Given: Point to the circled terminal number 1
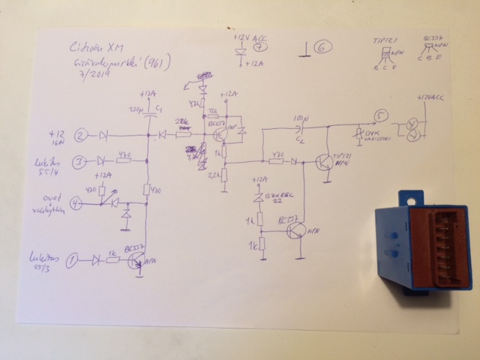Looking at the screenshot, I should point(73,260).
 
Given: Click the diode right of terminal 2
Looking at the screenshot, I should point(103,136).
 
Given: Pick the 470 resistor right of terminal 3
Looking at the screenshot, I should point(124,160).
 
